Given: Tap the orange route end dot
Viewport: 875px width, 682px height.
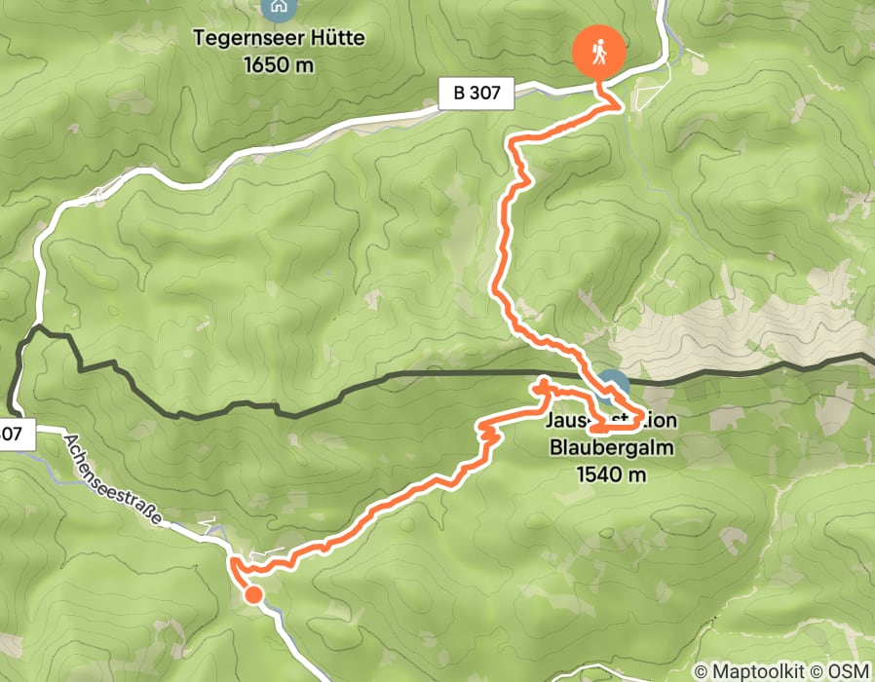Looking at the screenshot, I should point(253,593).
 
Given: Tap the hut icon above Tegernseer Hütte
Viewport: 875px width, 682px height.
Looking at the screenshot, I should point(278,8).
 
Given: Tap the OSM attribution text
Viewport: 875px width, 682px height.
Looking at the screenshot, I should point(848,671).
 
